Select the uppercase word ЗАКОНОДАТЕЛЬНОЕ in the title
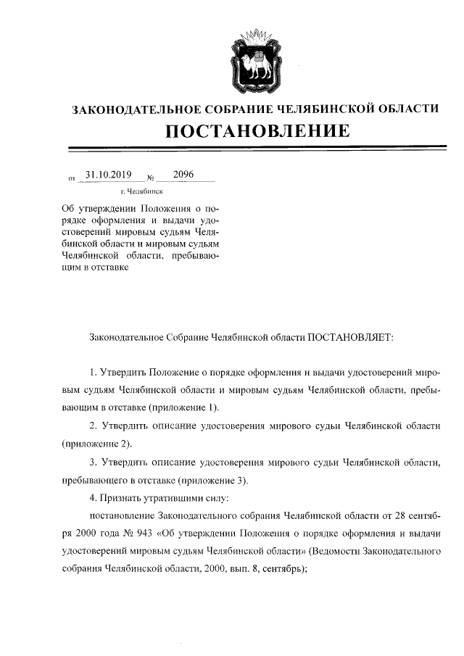point(128,109)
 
